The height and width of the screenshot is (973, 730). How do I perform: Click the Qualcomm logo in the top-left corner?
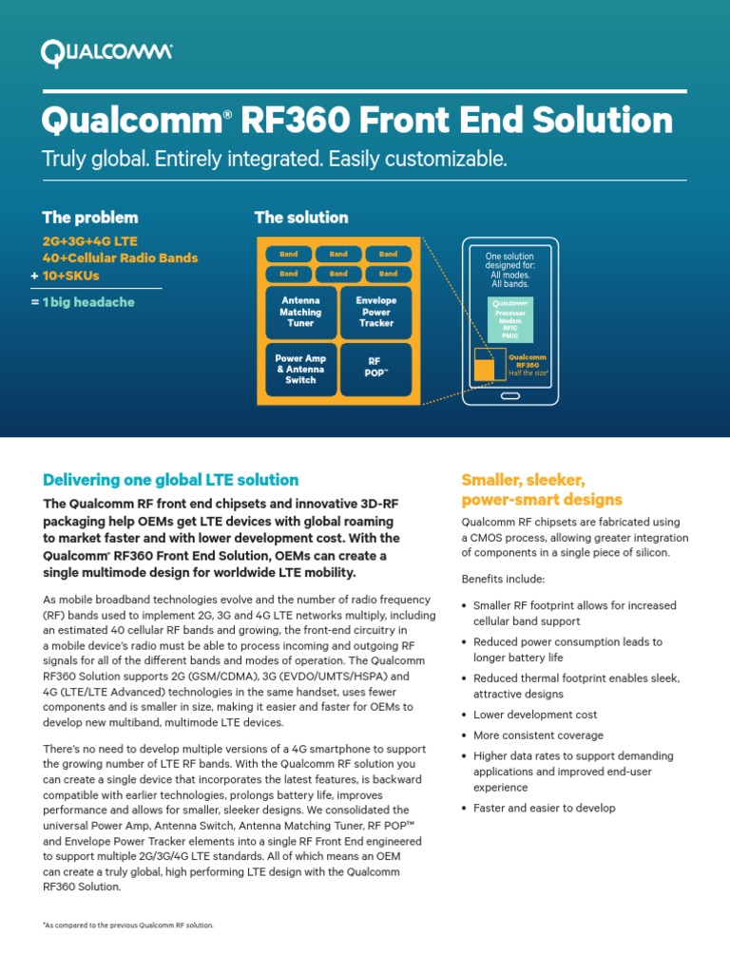(106, 52)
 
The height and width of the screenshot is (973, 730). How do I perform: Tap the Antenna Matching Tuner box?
(300, 312)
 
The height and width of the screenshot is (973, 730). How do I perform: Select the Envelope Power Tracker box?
(375, 312)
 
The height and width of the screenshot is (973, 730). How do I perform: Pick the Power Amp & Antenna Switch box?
(300, 370)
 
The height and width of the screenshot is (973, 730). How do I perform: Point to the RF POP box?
(375, 369)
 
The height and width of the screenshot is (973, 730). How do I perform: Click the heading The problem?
(90, 218)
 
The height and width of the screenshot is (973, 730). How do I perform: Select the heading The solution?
(301, 218)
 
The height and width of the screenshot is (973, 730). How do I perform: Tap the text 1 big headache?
(88, 302)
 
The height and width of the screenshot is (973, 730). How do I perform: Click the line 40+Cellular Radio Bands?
(121, 258)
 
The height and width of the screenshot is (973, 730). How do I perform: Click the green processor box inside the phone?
(511, 318)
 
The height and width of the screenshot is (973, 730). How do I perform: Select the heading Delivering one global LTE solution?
(171, 480)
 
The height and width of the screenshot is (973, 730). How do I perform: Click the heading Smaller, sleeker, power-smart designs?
(542, 489)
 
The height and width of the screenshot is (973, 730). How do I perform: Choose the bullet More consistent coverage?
(538, 735)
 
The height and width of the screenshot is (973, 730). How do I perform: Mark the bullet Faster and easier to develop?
(544, 808)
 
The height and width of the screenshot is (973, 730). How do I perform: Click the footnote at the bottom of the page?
(128, 925)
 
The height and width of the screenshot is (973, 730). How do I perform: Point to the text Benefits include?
(503, 579)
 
